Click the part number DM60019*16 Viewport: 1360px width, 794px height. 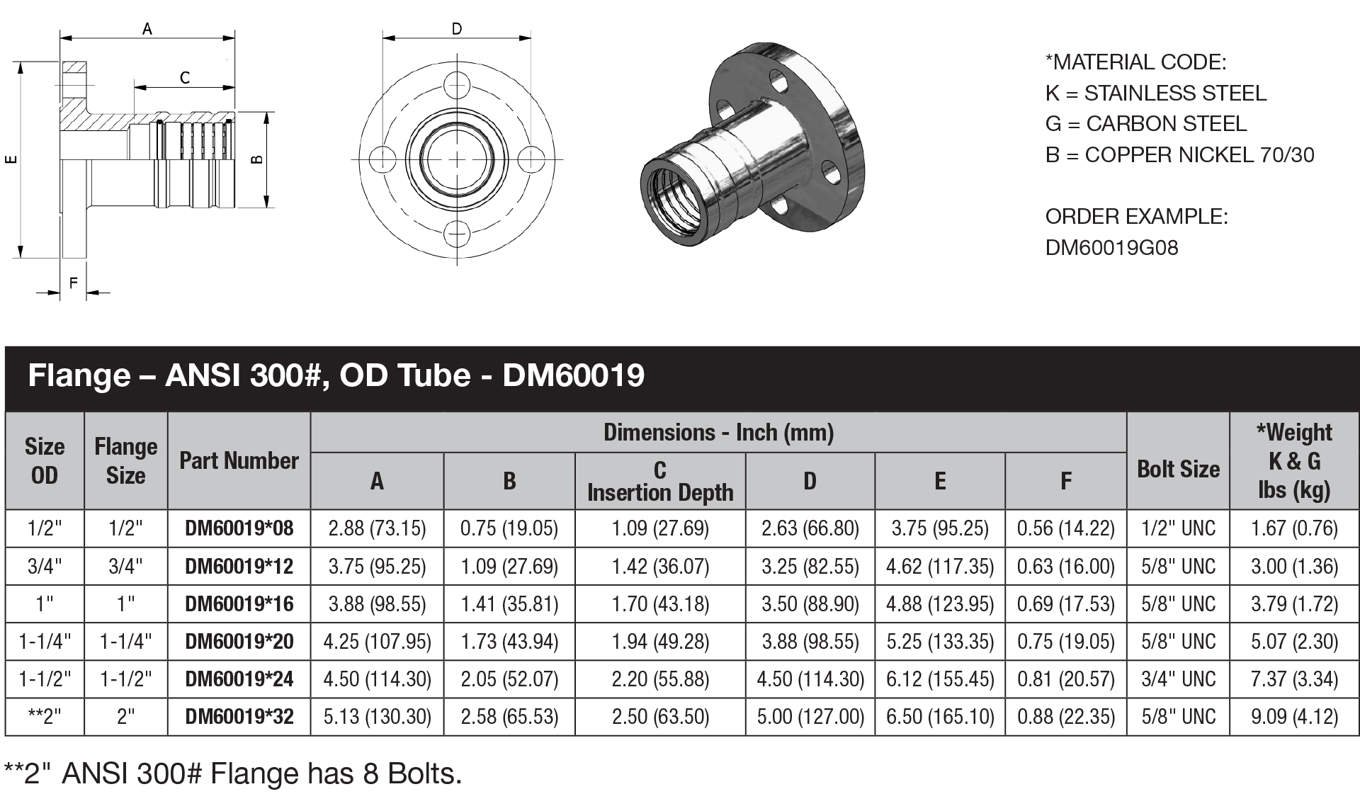click(x=239, y=603)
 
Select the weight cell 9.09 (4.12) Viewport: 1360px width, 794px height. click(x=1294, y=716)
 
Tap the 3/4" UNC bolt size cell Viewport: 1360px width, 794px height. click(x=1178, y=679)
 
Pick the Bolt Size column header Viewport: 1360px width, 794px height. click(x=1178, y=469)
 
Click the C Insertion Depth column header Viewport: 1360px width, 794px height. click(x=660, y=481)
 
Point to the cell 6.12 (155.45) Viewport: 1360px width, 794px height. click(x=940, y=679)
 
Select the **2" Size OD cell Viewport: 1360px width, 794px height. click(x=44, y=716)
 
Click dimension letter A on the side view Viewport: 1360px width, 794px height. click(x=147, y=29)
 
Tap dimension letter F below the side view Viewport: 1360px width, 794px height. click(x=74, y=283)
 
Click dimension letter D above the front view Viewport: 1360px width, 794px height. click(x=457, y=29)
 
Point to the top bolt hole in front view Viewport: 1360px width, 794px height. click(x=457, y=85)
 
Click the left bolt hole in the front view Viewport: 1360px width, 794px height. click(x=383, y=158)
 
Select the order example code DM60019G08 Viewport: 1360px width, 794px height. click(x=1111, y=247)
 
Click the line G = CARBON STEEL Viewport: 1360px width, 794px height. click(x=1145, y=123)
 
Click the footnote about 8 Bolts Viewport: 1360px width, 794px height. click(x=233, y=773)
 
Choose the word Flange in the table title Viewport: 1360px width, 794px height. click(x=79, y=375)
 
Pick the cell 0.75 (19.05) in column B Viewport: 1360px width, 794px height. click(x=509, y=528)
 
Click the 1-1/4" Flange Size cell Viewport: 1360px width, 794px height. click(x=125, y=641)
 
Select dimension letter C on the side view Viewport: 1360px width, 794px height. click(x=185, y=77)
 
